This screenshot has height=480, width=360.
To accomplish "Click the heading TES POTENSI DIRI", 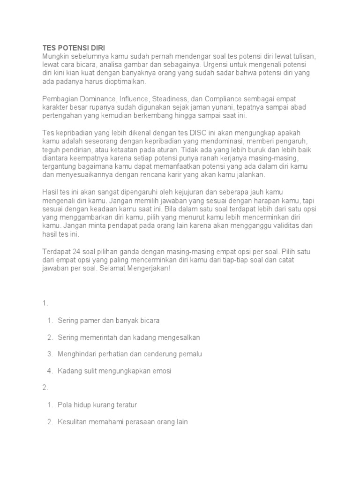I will point(74,48).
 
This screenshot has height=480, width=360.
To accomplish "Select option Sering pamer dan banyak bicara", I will point(109,321).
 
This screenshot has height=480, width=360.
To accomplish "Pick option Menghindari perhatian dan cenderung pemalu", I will point(130,354).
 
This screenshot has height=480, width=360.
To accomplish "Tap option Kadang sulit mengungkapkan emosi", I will point(115,371).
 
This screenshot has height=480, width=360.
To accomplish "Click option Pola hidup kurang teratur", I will point(97,405).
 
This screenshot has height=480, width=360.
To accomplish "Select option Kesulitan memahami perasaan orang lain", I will point(123,421).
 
